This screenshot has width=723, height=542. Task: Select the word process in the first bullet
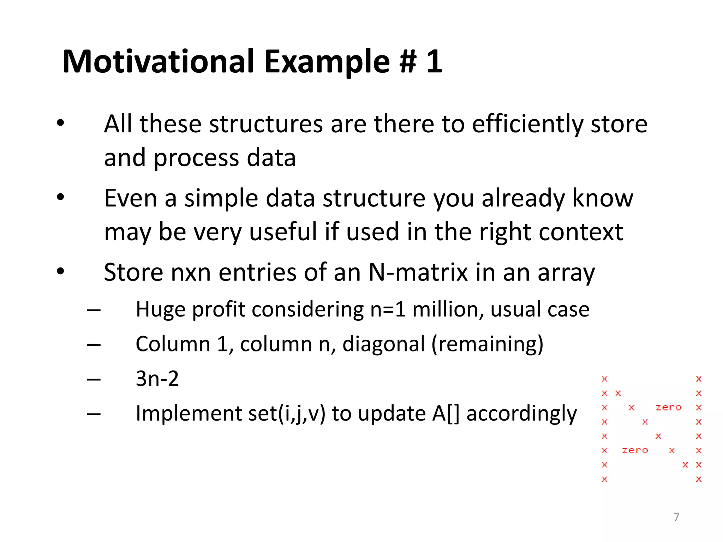196,158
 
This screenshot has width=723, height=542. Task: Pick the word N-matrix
418,272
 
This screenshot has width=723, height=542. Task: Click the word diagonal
383,344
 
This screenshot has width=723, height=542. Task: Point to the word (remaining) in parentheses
487,344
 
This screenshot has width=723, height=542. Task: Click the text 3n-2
157,379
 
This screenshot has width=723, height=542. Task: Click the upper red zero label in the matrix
668,408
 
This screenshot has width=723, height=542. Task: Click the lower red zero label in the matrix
635,451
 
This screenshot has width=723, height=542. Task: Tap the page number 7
676,517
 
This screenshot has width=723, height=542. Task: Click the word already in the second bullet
523,198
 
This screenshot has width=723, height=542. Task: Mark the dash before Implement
94,414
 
